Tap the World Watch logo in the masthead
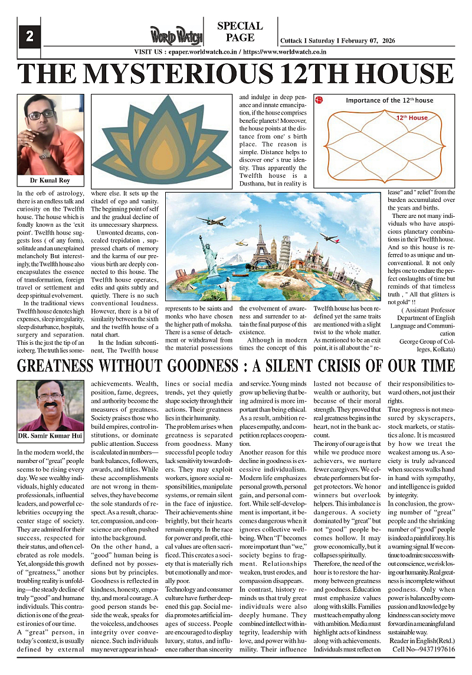(x=176, y=35)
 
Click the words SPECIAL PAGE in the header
(x=240, y=32)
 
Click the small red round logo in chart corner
(x=319, y=100)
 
